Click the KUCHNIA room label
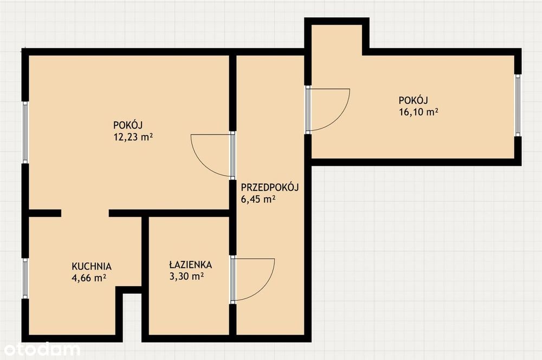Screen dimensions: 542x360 click(92, 266)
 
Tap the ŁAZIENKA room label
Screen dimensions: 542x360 click(190, 265)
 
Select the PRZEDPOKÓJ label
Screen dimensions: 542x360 click(269, 188)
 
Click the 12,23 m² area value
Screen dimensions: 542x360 click(133, 137)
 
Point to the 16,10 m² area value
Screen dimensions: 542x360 click(419, 112)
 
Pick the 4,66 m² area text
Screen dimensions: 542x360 click(89, 278)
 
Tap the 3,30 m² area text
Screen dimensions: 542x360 click(186, 276)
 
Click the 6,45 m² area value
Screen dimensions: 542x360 click(258, 199)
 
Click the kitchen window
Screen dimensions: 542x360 click(25, 278)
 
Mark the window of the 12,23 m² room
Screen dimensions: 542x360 click(25, 132)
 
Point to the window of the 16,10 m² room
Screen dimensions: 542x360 click(518, 105)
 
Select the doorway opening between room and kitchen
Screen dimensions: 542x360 click(85, 213)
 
